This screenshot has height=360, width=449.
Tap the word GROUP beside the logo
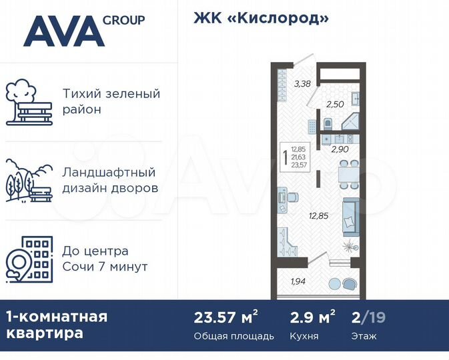(124, 20)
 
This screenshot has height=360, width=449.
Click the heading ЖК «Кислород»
(262, 18)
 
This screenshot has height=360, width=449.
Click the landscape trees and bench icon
(29, 181)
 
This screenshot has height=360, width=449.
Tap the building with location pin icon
(29, 259)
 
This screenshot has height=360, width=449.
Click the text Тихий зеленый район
(111, 101)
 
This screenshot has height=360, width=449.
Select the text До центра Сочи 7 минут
(105, 259)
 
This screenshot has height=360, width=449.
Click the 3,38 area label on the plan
(302, 83)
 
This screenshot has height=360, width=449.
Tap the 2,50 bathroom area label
(334, 104)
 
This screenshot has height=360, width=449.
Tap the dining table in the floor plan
(346, 175)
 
